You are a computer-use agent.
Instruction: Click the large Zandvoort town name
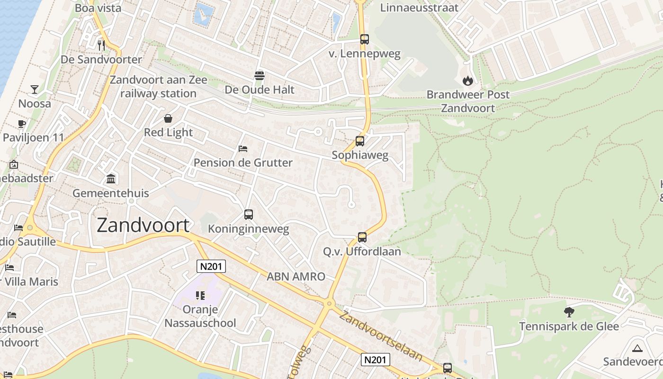[143, 226]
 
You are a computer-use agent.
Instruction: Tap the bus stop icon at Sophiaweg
[360, 141]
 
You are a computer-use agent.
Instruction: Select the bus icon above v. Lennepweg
[364, 39]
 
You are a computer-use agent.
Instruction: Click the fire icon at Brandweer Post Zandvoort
[468, 81]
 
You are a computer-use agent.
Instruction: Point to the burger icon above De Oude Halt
[260, 75]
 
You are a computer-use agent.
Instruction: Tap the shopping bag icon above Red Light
[168, 118]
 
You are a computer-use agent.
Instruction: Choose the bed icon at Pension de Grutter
[243, 149]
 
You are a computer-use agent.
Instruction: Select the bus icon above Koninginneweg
[249, 215]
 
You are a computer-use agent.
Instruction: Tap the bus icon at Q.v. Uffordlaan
[362, 237]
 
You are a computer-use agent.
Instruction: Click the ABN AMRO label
[296, 277]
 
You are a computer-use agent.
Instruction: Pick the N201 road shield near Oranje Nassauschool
[211, 266]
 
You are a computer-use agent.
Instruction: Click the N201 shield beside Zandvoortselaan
[376, 360]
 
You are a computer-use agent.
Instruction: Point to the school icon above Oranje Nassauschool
[200, 296]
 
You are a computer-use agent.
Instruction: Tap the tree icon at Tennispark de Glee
[569, 312]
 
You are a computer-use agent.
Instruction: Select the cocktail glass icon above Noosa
[35, 89]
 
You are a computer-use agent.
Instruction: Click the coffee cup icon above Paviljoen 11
[22, 124]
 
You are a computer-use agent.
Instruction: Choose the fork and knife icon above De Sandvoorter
[101, 45]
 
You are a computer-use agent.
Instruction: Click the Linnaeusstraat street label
[420, 8]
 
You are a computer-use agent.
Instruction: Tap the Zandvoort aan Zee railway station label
[158, 86]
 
